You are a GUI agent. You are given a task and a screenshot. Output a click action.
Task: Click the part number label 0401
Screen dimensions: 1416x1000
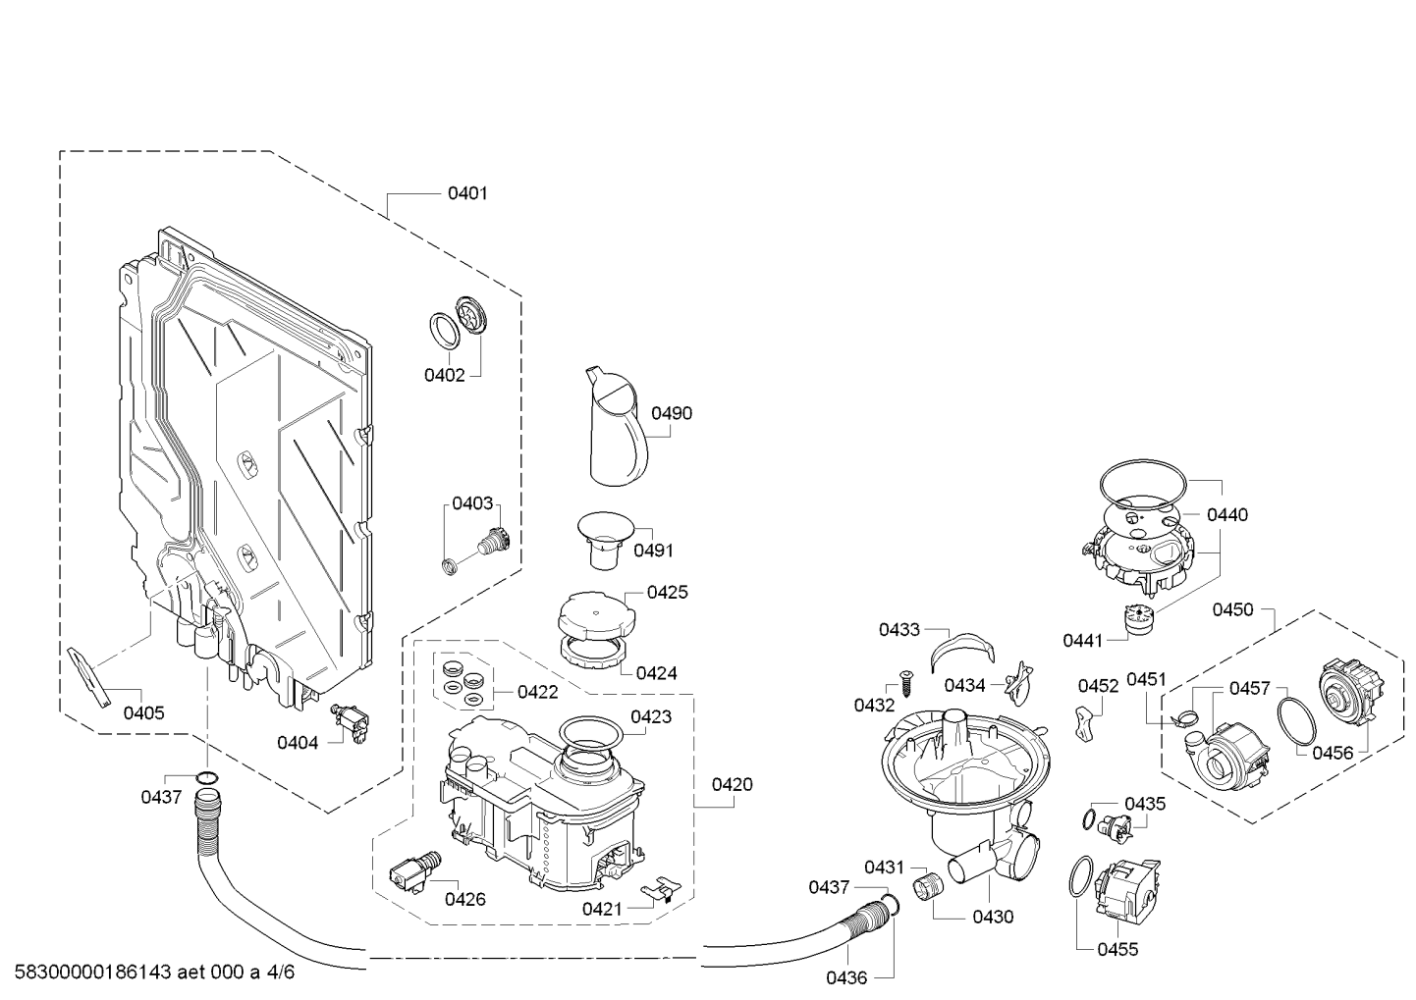(x=467, y=193)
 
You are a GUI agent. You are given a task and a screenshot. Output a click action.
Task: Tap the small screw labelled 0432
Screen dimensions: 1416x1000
(x=904, y=683)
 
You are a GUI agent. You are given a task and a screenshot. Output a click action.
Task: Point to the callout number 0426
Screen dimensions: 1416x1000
(x=465, y=899)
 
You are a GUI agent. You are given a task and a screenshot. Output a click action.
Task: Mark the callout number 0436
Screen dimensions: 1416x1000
(x=846, y=977)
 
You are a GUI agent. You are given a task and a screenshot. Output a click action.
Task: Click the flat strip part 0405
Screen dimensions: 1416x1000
(x=90, y=676)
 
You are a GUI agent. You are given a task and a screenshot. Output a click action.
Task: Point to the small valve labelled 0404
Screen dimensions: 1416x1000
(x=350, y=722)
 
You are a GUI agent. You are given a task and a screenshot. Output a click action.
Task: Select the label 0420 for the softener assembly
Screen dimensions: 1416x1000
(x=732, y=784)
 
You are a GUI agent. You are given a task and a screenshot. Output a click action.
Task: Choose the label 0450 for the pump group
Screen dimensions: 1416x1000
(x=1232, y=609)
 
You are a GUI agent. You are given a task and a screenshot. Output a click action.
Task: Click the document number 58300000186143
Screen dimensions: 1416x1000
(x=92, y=971)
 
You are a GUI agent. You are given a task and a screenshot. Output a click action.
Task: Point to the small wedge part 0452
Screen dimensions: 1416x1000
(x=1083, y=724)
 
